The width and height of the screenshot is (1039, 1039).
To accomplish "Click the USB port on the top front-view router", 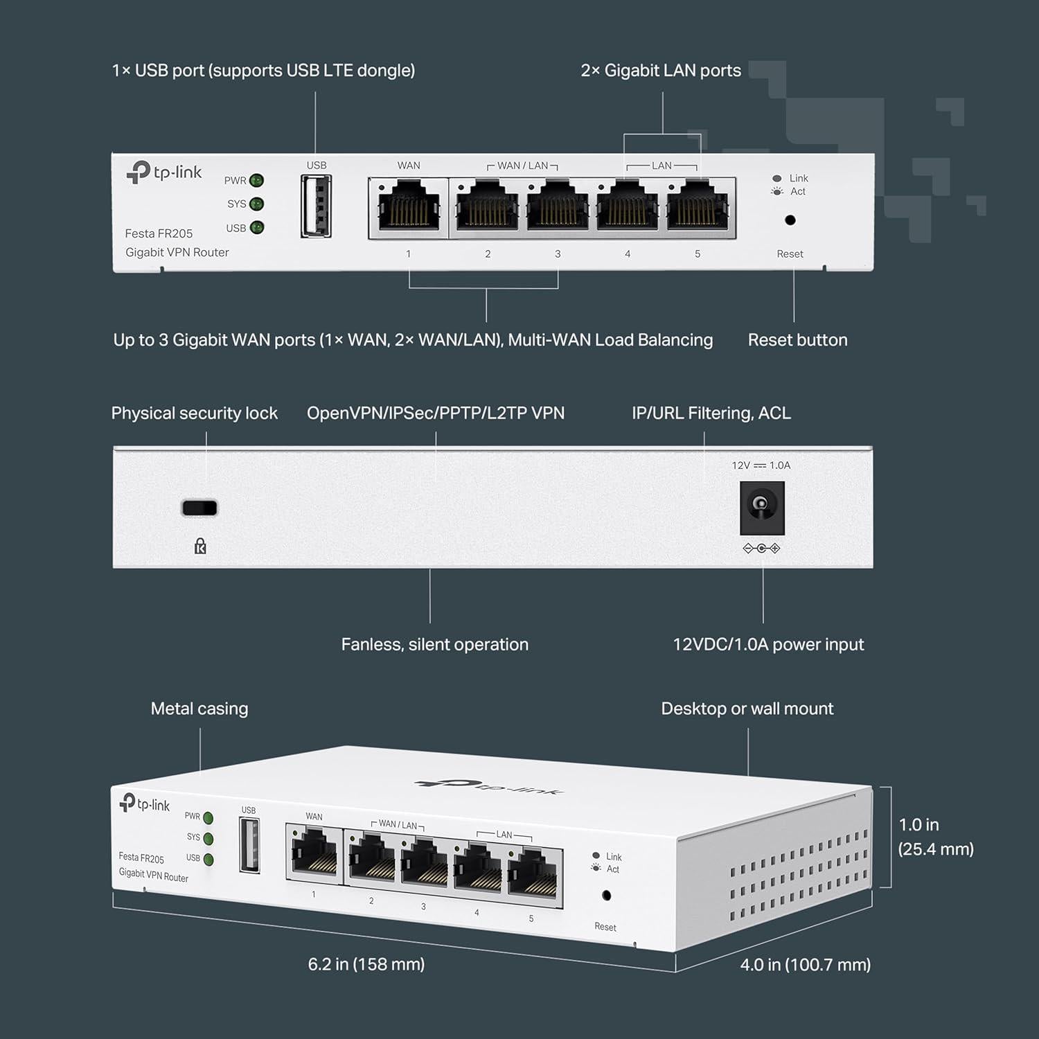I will coord(316,206).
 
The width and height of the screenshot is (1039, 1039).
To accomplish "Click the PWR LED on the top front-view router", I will coord(256,181).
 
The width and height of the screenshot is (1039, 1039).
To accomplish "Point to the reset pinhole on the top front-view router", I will coord(790,220).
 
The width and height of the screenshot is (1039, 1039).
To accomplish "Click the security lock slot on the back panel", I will coord(199,508).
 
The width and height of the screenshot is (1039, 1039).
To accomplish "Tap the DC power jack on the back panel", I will coord(762,508).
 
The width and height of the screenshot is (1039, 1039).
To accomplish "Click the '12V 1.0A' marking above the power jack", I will coord(761,465).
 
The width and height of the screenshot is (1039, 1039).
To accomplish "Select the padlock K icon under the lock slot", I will coord(200,547).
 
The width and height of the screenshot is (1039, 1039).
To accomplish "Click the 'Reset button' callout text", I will coord(797,340).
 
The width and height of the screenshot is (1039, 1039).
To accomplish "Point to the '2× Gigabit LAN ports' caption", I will coord(661,71).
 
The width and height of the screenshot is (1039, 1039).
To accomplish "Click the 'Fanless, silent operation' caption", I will coord(434,645).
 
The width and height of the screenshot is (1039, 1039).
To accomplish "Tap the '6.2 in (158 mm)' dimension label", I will coord(366,964).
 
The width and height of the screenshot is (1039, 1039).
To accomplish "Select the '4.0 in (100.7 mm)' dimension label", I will coord(805,965).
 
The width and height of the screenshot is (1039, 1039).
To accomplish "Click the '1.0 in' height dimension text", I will coord(918,825).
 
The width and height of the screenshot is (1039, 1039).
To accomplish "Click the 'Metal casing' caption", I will coord(199,709).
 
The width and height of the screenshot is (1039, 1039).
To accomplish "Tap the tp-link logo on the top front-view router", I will coord(164,172).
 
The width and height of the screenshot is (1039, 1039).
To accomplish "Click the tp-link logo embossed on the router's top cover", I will coord(489,787).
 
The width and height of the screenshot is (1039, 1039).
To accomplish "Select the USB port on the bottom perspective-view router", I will coord(249,845).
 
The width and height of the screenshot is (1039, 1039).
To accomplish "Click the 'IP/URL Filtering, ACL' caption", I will coord(711,414).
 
